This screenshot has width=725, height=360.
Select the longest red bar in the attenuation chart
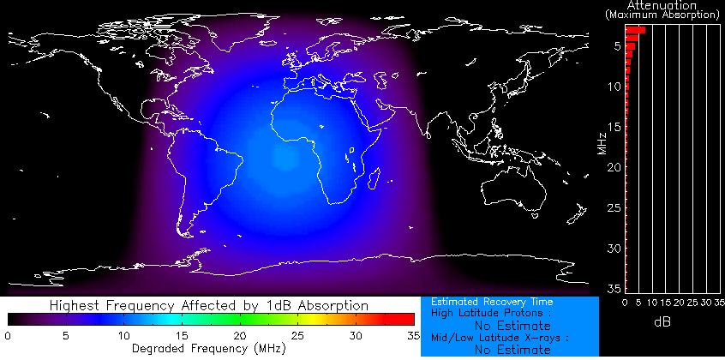click(x=635, y=30)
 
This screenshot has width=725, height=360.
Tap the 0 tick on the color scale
click(x=8, y=335)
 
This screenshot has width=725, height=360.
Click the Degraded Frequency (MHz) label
click(x=211, y=349)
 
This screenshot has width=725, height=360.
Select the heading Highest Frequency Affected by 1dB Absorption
click(x=209, y=305)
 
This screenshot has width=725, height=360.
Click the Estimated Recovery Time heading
click(x=492, y=302)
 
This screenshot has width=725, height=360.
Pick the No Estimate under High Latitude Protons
click(x=512, y=326)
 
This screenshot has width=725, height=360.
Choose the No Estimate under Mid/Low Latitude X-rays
click(x=512, y=350)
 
